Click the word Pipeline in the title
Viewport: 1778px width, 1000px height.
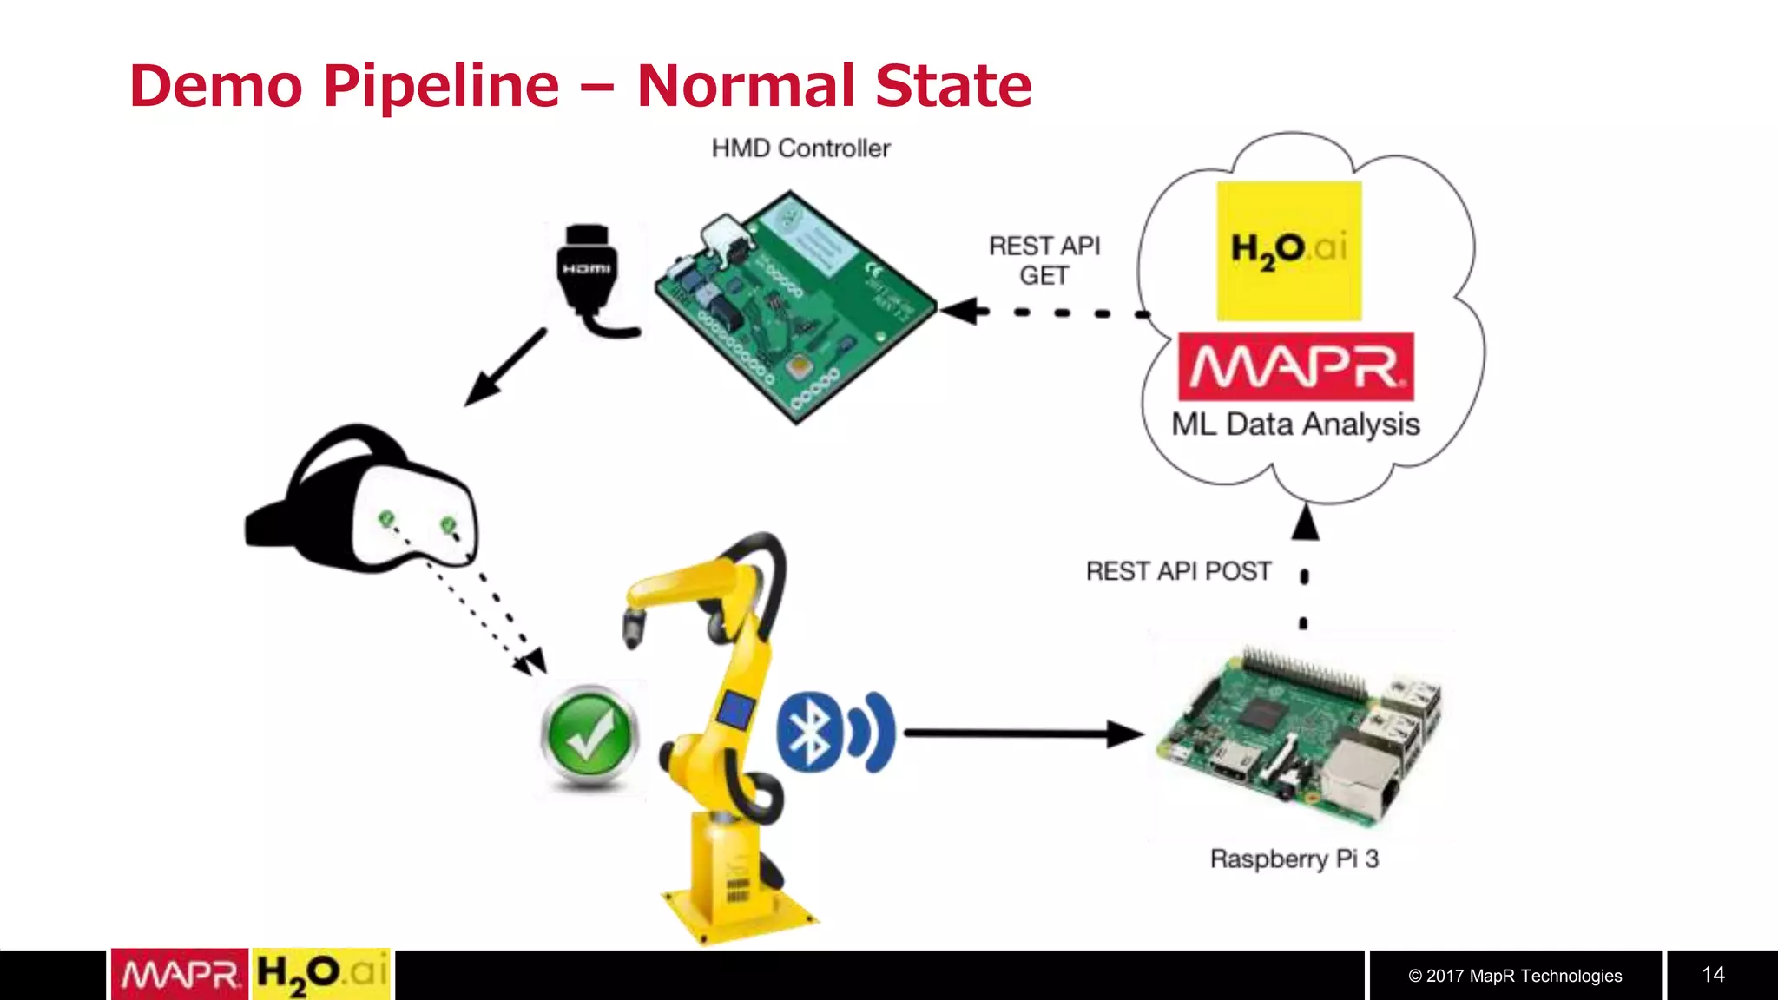(441, 87)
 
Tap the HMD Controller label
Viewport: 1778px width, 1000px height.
(800, 148)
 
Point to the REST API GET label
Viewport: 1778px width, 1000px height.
(1044, 260)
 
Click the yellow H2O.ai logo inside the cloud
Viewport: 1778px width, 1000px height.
(1288, 250)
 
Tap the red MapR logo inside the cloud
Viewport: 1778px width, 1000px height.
(1295, 366)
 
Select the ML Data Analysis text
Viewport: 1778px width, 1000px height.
(1295, 424)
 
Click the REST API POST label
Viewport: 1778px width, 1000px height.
(1178, 571)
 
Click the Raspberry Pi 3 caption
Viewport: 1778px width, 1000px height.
(1294, 859)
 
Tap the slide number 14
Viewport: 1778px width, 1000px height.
(1713, 975)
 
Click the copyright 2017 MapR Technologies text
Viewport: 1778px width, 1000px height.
(1515, 976)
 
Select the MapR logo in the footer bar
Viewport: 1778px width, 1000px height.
(180, 975)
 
